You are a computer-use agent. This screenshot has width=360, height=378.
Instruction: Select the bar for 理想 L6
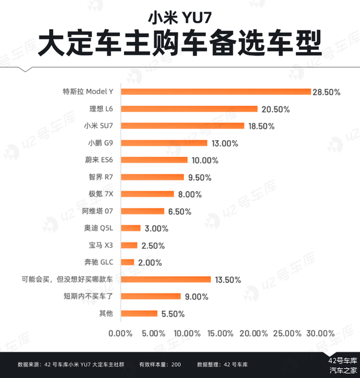(x=189, y=109)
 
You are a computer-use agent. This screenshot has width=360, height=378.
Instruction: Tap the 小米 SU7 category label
(x=98, y=126)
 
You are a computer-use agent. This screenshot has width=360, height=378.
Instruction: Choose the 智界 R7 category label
(x=101, y=177)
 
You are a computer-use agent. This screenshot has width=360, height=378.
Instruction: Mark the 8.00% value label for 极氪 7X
(x=189, y=194)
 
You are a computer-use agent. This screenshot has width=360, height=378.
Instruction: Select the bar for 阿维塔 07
(x=143, y=211)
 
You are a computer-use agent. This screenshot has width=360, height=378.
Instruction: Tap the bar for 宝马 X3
(x=130, y=245)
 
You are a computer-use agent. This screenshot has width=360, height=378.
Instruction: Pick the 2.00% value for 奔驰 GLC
(x=149, y=262)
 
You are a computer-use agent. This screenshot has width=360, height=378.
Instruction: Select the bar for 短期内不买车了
(x=151, y=296)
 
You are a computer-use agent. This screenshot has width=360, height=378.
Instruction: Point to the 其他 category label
(x=106, y=313)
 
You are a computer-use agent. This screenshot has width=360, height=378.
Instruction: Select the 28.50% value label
(x=326, y=91)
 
